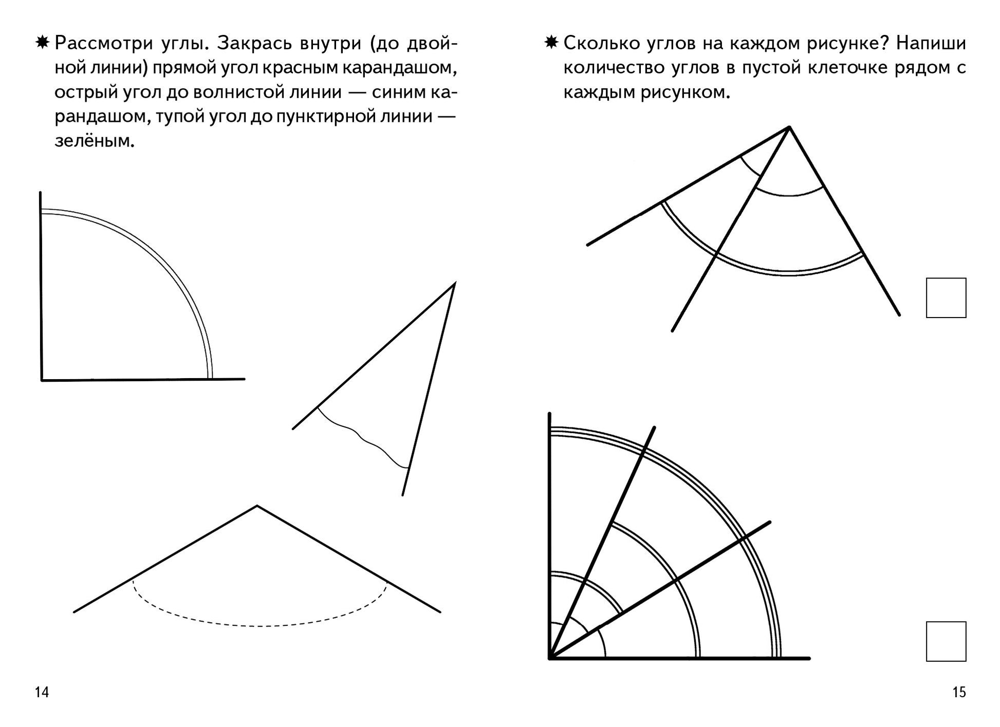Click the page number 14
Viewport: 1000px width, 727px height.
[42, 692]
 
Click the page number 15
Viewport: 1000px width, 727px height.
[959, 692]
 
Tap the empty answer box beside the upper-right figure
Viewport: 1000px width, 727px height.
[946, 298]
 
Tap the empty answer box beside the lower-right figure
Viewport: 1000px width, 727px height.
[946, 641]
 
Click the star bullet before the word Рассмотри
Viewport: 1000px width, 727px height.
[42, 43]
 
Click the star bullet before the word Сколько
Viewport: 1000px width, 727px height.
[551, 43]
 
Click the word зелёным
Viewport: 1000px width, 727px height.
[95, 141]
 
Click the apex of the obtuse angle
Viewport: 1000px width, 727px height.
[257, 506]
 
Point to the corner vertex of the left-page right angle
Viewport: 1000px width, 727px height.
[42, 380]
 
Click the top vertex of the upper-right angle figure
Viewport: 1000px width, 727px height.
[789, 127]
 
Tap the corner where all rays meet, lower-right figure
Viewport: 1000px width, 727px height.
[550, 658]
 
